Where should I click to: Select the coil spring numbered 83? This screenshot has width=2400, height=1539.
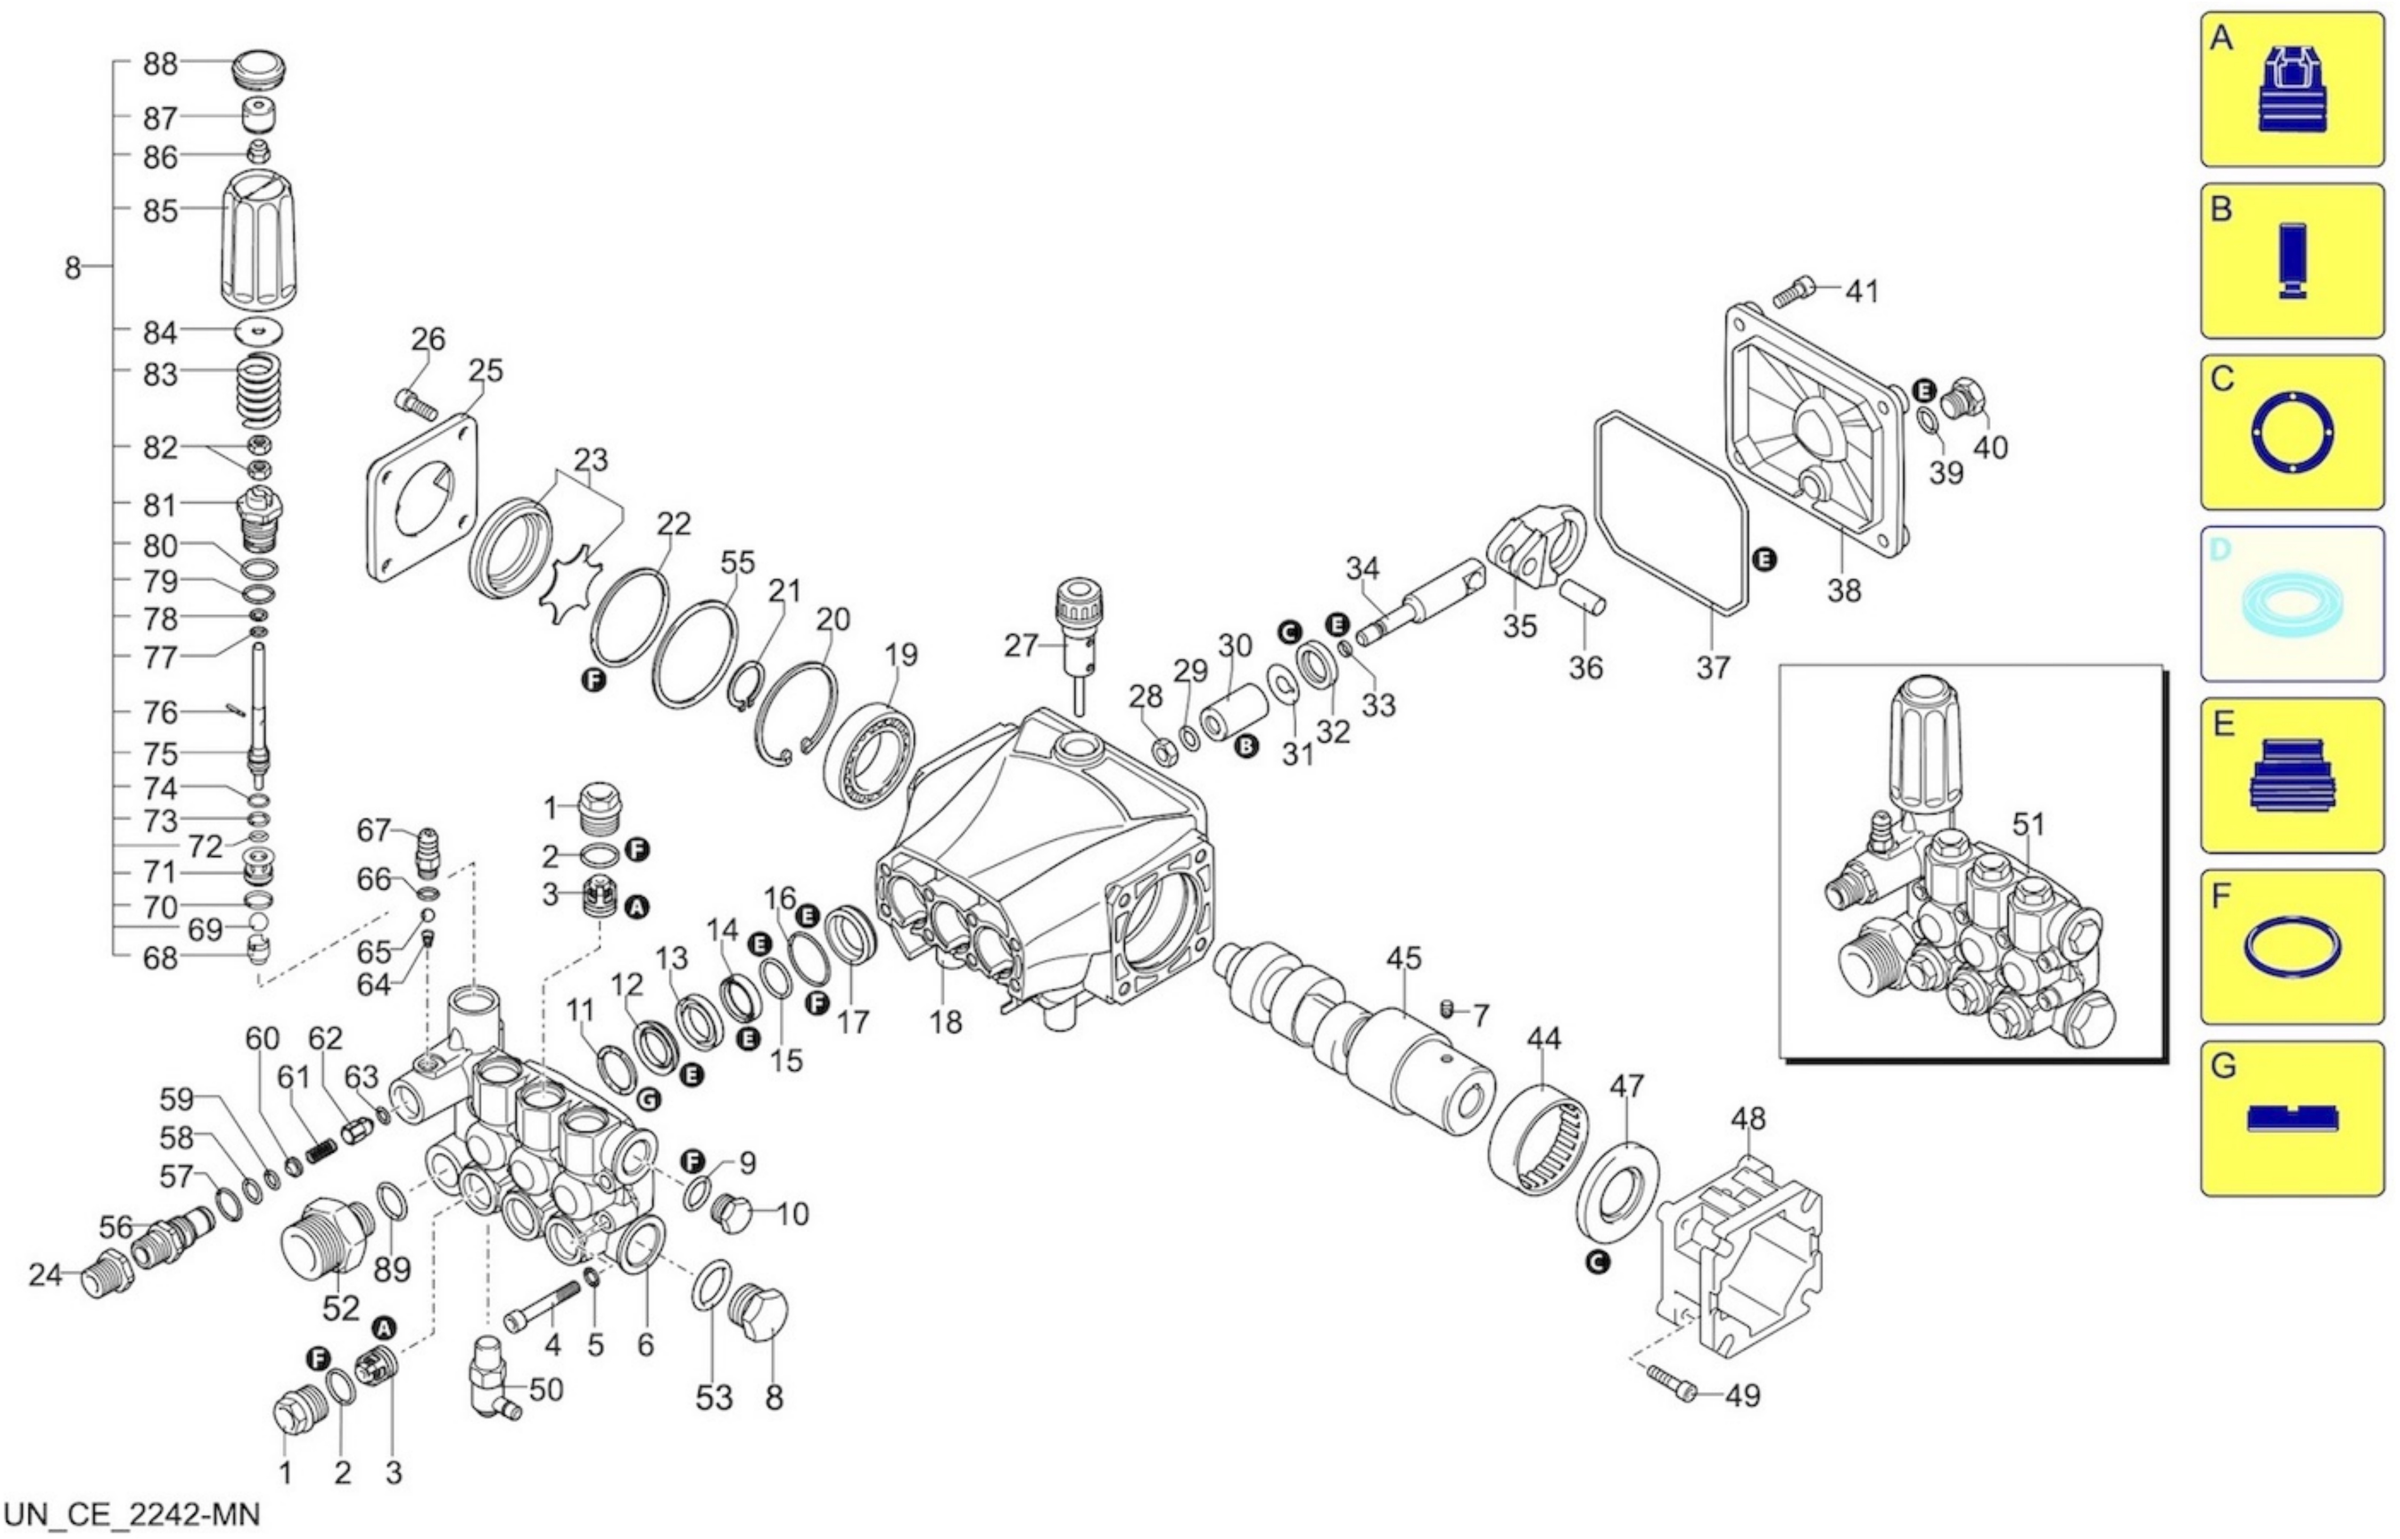(x=258, y=389)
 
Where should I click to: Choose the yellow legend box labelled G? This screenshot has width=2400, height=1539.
(x=2291, y=1118)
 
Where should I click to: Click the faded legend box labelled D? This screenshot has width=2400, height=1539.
(x=2291, y=604)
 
